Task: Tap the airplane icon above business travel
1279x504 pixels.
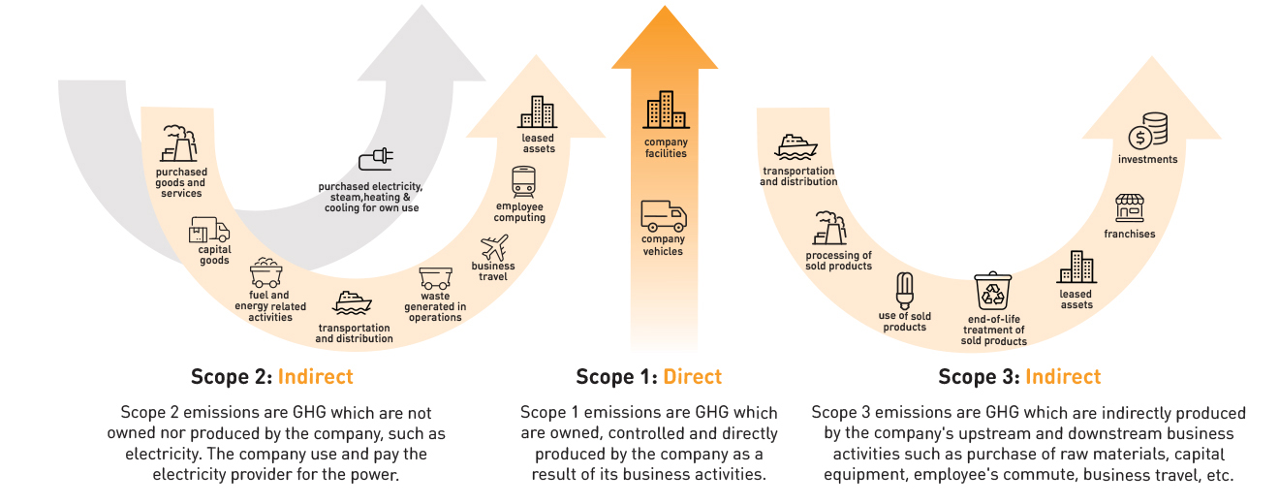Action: [x=494, y=247]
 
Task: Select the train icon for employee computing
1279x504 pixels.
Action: [x=523, y=181]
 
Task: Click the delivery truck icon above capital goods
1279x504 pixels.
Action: [x=210, y=230]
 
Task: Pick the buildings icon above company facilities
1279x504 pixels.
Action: [x=665, y=110]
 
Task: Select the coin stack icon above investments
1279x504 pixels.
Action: [x=1147, y=131]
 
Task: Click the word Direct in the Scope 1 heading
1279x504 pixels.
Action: [x=693, y=377]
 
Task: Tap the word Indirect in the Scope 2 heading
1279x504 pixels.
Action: [x=316, y=377]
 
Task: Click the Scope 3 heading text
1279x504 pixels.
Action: [x=1019, y=377]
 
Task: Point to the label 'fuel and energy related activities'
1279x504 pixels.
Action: [x=270, y=306]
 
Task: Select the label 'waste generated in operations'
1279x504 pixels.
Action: [x=435, y=306]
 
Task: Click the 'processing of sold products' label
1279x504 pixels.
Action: [x=839, y=261]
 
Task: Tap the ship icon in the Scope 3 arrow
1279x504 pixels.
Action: [x=797, y=146]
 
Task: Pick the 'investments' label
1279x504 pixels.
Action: [x=1147, y=159]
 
